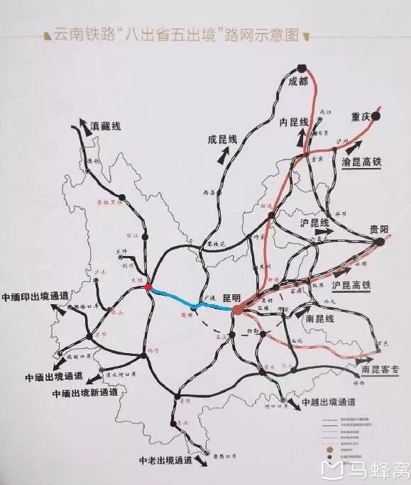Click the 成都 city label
(299, 82)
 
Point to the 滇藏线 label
(106, 126)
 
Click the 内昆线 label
(293, 122)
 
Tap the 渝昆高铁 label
(362, 162)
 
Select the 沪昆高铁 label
(351, 285)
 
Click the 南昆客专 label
(381, 369)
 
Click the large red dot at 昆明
(237, 309)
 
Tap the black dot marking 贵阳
(379, 242)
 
